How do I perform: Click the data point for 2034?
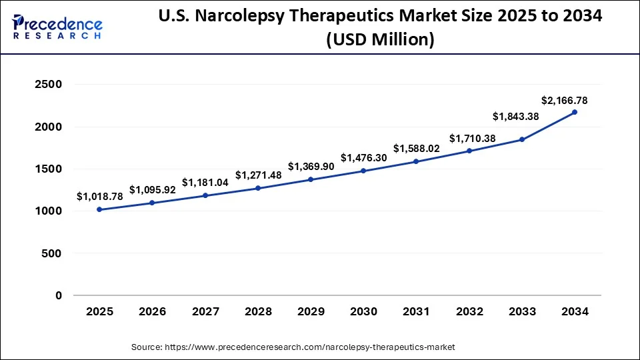point(575,112)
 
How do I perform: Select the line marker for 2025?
point(99,209)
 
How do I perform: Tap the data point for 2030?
point(363,171)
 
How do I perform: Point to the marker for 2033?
point(522,139)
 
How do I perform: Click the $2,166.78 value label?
point(564,101)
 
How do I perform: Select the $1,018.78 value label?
point(99,196)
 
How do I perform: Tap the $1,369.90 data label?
point(311,166)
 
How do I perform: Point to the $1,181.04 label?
point(205,182)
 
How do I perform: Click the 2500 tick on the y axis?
point(48,85)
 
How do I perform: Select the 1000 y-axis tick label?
point(48,211)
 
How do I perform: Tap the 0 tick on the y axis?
point(59,295)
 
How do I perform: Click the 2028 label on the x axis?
point(258,311)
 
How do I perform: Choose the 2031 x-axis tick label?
point(417,311)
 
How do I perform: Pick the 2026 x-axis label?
point(152,311)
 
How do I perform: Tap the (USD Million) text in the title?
point(381,41)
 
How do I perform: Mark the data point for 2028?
point(258,188)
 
